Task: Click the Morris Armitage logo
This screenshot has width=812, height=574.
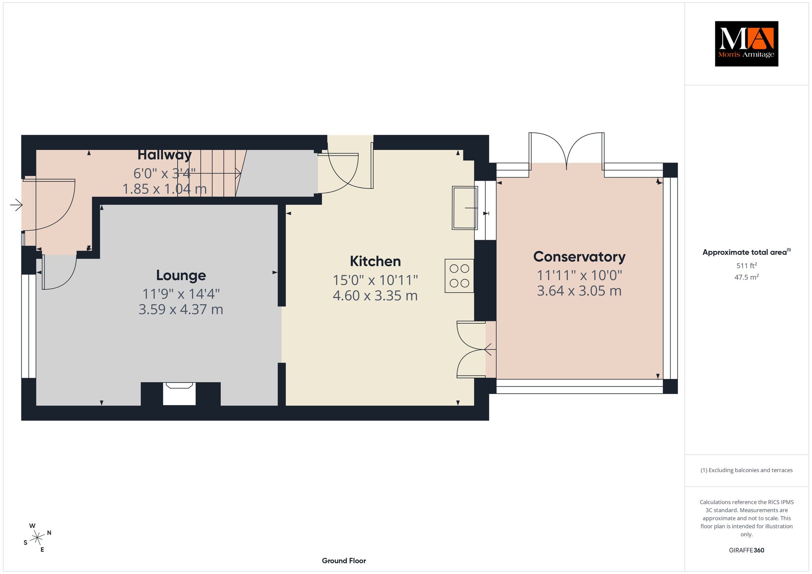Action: (746, 44)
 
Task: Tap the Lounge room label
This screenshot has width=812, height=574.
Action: (181, 275)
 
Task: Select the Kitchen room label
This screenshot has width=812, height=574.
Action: (375, 261)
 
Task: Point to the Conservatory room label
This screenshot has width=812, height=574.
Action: (579, 257)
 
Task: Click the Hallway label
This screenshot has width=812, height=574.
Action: (165, 155)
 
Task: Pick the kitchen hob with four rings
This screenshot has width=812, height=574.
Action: (459, 276)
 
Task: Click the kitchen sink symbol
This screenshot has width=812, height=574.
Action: (465, 208)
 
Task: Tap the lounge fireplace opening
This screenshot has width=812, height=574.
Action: (179, 394)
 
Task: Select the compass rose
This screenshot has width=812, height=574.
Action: (38, 538)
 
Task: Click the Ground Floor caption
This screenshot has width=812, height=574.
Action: (344, 561)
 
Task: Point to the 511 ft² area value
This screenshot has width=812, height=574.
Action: (746, 266)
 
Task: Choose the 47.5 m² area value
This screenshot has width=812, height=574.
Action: (746, 277)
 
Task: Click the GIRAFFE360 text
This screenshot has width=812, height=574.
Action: (746, 550)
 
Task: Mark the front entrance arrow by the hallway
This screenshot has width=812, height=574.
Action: (16, 205)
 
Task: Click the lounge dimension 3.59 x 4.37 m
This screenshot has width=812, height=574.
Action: (181, 309)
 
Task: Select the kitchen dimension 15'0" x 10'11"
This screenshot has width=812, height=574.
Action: (375, 280)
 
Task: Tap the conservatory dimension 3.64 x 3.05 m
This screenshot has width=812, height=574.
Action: (579, 291)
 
